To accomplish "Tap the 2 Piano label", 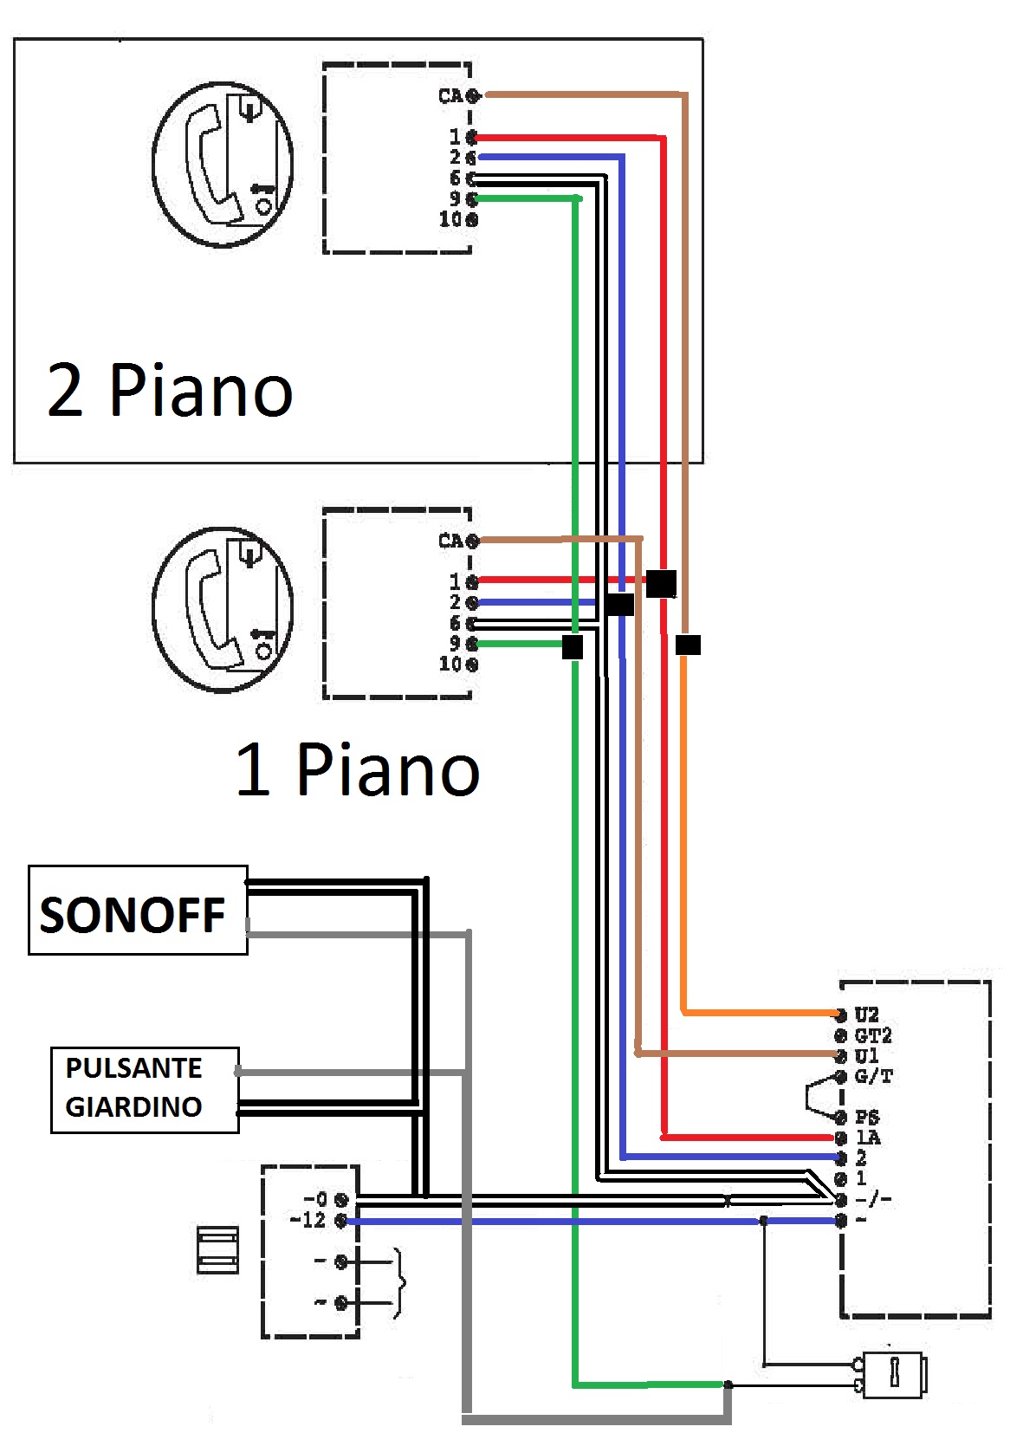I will click(x=170, y=391).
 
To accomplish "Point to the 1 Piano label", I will click(x=357, y=769).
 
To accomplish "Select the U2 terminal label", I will click(x=866, y=1015).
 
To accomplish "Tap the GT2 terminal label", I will click(x=872, y=1035).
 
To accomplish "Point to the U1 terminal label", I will click(x=866, y=1056).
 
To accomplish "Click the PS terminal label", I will click(x=866, y=1118).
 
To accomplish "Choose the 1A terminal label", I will click(x=867, y=1138).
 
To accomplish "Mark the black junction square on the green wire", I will click(x=573, y=646).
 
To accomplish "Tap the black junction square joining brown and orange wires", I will click(x=688, y=645).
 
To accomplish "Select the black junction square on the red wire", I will click(x=661, y=583).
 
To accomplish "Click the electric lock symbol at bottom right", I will click(x=893, y=1374).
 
